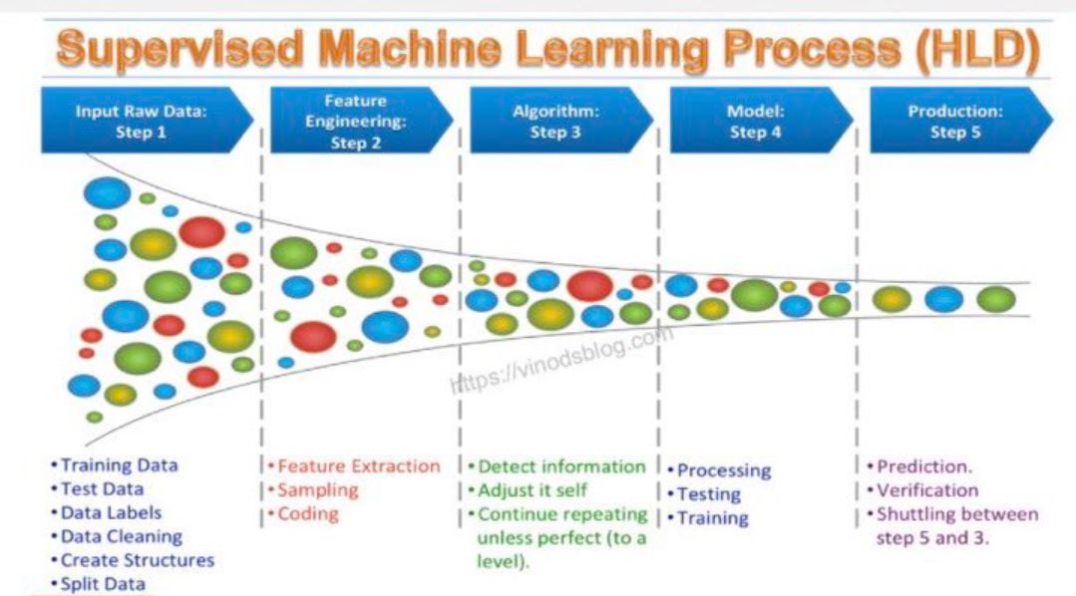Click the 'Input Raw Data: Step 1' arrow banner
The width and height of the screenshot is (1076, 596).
tap(147, 120)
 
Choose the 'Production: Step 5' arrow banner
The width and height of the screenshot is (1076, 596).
tap(960, 120)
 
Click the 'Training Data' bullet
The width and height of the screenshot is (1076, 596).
tap(114, 465)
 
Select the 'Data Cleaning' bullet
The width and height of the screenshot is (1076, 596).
tap(117, 536)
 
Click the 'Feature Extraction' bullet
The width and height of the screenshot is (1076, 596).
tap(354, 466)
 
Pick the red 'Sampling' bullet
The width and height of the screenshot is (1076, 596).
tap(313, 490)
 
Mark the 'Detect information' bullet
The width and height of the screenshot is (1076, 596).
tap(556, 466)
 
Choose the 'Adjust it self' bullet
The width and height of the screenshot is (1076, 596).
tap(527, 490)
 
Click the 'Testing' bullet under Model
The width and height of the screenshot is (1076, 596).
tap(704, 494)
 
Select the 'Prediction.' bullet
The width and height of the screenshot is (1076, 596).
tap(919, 466)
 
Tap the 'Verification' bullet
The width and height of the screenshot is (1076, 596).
tap(922, 490)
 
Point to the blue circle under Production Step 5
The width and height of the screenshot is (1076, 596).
tap(943, 300)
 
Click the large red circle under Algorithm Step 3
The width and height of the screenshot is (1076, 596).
tap(589, 286)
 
